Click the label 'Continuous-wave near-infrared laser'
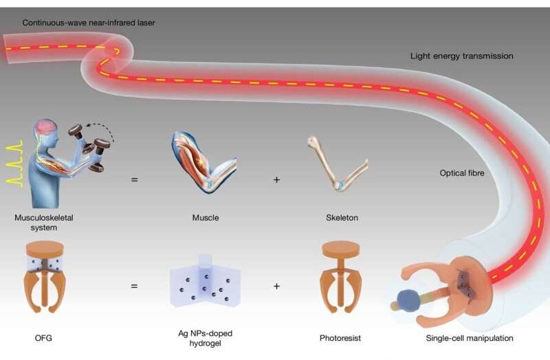[89, 23]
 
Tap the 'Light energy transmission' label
[461, 56]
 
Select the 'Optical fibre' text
[461, 173]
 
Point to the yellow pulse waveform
[14, 164]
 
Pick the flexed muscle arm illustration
[203, 162]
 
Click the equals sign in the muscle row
[134, 180]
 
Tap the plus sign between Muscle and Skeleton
[276, 180]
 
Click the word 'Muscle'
[206, 218]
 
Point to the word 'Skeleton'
[342, 218]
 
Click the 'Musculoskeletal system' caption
[44, 223]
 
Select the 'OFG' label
[43, 338]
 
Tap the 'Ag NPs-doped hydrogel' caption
[205, 338]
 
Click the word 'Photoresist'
[340, 338]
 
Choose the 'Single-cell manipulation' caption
[470, 338]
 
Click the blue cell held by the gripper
[408, 301]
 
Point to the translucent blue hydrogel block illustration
[205, 281]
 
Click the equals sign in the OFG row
[134, 286]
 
